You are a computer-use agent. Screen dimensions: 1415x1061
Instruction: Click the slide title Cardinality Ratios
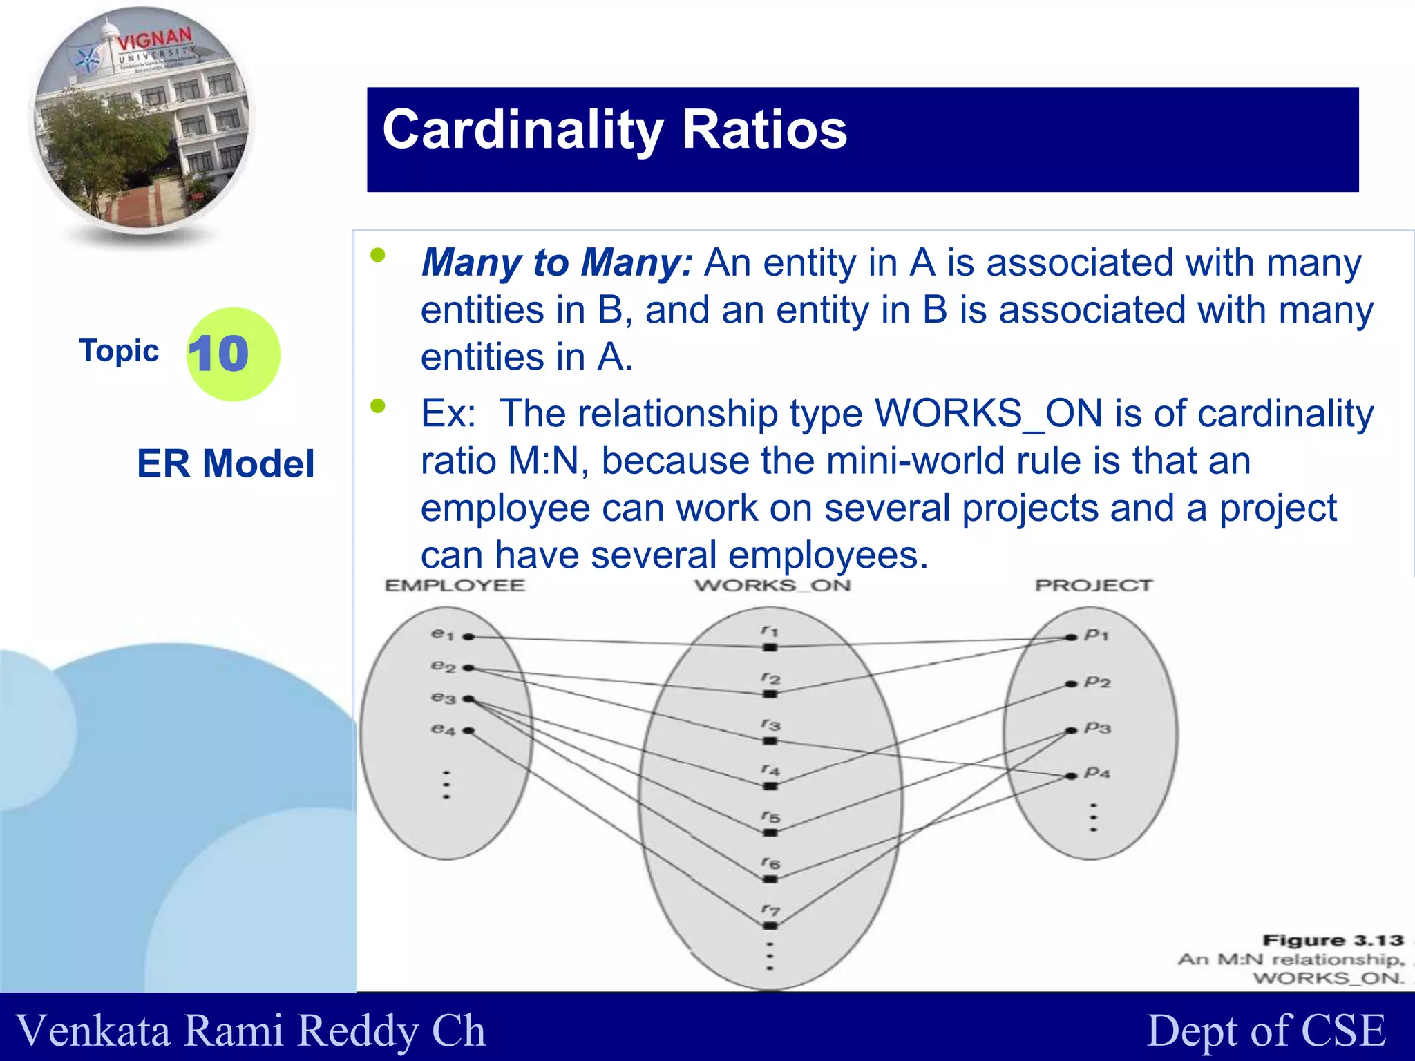[x=614, y=130]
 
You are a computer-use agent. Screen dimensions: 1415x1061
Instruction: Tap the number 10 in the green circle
[x=218, y=354]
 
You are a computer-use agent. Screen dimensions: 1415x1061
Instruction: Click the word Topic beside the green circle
[x=119, y=351]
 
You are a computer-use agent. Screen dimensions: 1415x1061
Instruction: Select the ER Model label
[x=225, y=463]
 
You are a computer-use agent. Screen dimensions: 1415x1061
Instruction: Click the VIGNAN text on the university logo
[x=154, y=40]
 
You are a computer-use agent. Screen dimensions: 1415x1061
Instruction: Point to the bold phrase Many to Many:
[x=556, y=263]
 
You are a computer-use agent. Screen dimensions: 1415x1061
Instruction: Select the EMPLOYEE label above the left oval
[x=455, y=586]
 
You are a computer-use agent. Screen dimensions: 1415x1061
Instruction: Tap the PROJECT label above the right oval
[x=1093, y=586]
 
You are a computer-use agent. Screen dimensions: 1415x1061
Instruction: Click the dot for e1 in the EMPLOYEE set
[x=468, y=637]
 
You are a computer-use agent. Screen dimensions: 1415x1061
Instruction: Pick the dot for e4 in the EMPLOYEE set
[x=468, y=730]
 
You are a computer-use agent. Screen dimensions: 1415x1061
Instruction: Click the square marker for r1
[x=770, y=647]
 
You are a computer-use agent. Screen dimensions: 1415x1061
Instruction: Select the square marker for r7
[x=770, y=926]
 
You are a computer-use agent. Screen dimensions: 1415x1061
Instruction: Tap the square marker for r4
[x=770, y=786]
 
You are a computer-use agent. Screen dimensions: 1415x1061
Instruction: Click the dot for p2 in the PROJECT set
[x=1072, y=684]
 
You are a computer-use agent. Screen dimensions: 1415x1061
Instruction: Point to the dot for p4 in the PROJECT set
[x=1072, y=776]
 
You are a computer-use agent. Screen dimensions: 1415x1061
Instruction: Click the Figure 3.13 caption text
[x=1333, y=941]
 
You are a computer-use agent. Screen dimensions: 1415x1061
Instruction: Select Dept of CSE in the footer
[x=1266, y=1031]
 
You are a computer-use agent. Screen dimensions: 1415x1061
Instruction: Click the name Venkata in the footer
[x=93, y=1031]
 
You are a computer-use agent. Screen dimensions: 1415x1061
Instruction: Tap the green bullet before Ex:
[x=378, y=405]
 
